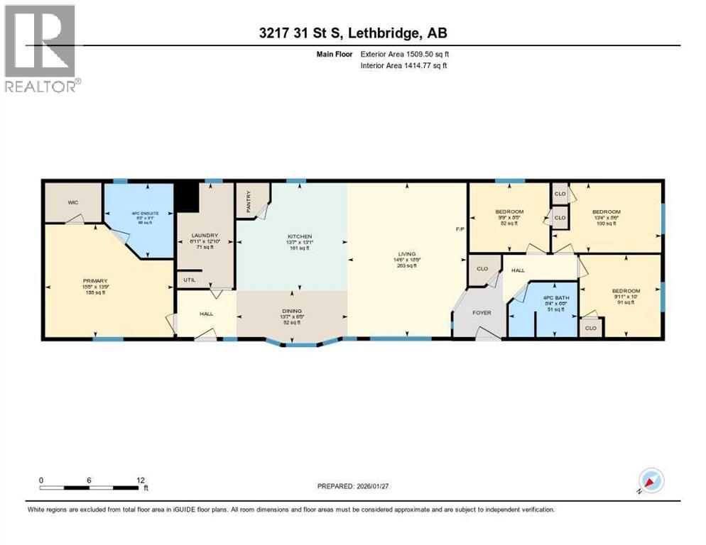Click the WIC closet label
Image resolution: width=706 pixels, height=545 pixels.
pyautogui.click(x=72, y=203)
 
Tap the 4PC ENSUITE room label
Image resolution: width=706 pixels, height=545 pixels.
pyautogui.click(x=139, y=213)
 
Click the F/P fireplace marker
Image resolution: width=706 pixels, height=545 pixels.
pyautogui.click(x=460, y=229)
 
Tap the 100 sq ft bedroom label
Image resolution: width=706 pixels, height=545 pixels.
pyautogui.click(x=607, y=212)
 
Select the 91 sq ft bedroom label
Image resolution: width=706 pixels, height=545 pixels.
pyautogui.click(x=626, y=291)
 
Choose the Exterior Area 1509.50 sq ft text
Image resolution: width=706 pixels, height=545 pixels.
pyautogui.click(x=404, y=53)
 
